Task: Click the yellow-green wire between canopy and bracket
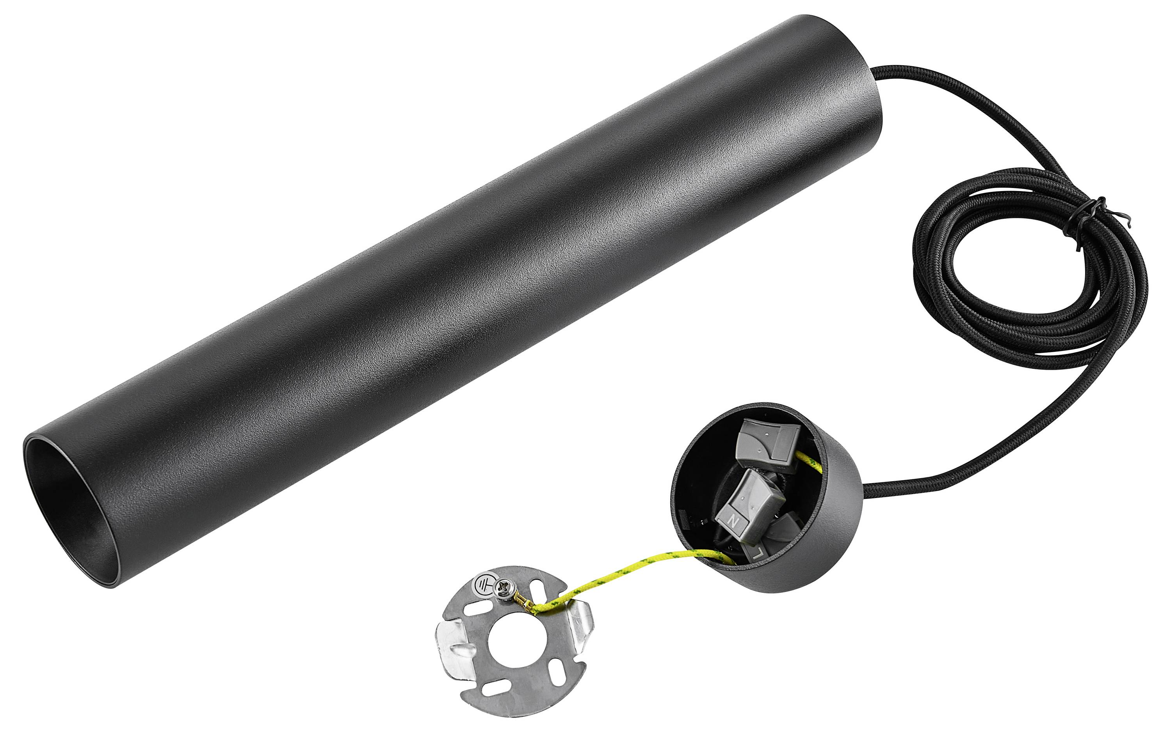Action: coord(630,571)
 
